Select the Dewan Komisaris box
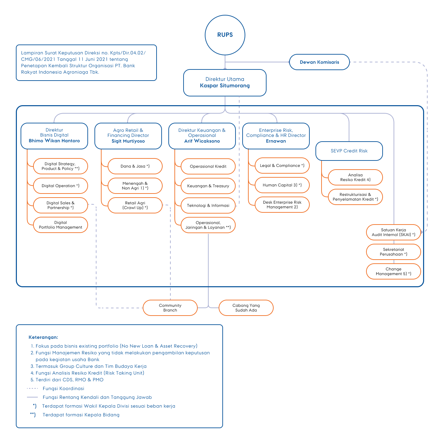(319, 62)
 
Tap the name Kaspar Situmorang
(225, 86)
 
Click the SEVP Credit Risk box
(349, 151)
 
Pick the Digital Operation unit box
(60, 186)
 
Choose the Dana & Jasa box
(135, 166)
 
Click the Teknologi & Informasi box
(208, 206)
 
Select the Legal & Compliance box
(282, 166)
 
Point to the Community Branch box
(170, 307)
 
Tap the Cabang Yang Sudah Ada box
(246, 307)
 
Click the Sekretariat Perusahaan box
(393, 252)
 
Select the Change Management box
(393, 271)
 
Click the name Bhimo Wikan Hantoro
(54, 141)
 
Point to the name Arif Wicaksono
(202, 141)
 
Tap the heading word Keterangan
(43, 337)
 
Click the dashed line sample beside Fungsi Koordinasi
(32, 388)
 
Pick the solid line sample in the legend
(32, 397)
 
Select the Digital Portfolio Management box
(60, 225)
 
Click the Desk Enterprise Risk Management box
(282, 205)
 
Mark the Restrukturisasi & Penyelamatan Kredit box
(355, 197)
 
